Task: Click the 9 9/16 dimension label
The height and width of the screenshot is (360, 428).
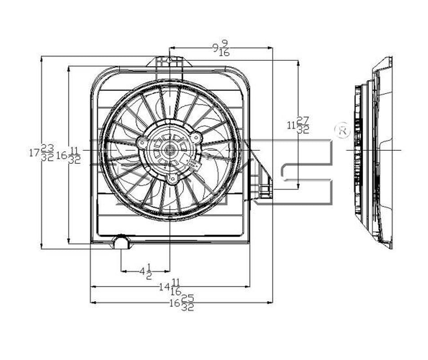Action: [221, 48]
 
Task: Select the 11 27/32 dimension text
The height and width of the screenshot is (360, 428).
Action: [299, 125]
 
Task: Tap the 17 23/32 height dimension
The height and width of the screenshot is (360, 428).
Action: [42, 153]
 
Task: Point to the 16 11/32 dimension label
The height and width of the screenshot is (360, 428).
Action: [69, 155]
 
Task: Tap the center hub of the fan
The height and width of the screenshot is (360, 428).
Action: [169, 150]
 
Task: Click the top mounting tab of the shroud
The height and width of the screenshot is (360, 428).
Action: [169, 62]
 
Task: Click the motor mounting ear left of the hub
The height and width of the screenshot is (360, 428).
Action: [142, 143]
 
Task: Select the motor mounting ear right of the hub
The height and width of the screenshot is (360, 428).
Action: [196, 137]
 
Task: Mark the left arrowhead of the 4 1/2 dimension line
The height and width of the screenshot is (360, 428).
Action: [123, 271]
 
